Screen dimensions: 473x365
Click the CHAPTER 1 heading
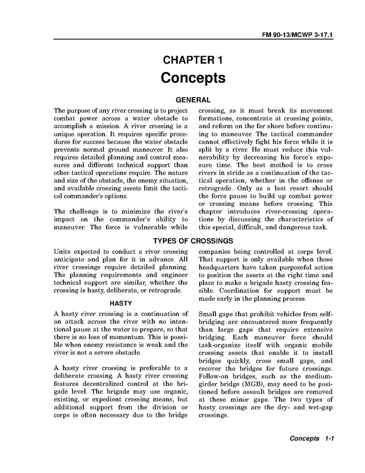point(193,60)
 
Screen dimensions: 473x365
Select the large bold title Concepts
point(193,78)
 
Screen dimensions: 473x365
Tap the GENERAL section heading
point(193,100)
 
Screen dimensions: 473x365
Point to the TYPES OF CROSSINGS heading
point(193,241)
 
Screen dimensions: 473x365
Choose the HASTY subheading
point(120,303)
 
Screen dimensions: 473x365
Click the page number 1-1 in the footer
point(329,438)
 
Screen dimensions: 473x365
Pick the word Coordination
point(239,290)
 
